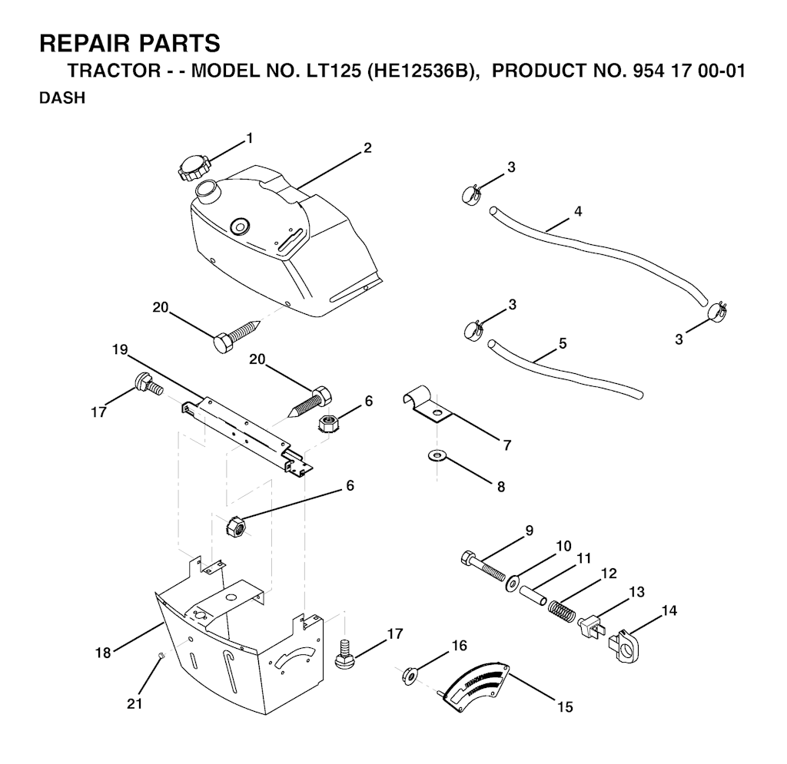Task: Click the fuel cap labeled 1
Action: (192, 168)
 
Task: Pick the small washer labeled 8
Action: (437, 455)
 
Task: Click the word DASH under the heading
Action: (62, 98)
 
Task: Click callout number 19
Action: (121, 349)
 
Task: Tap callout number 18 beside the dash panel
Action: (104, 653)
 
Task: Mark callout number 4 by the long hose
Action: (578, 211)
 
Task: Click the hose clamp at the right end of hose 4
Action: (718, 311)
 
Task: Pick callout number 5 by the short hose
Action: (563, 343)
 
